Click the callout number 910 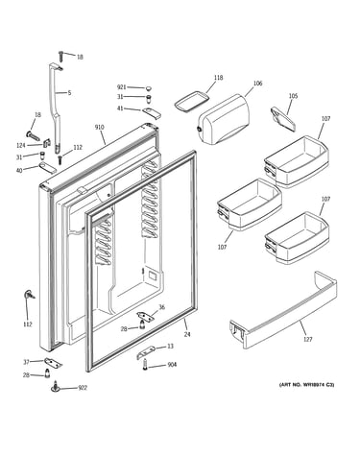(x=99, y=128)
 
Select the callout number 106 (x=257, y=84)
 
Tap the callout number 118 (x=219, y=78)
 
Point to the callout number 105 (x=293, y=96)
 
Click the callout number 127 (x=307, y=339)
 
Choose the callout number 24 (x=187, y=334)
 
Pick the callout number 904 (x=172, y=365)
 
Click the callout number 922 (x=83, y=388)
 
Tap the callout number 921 (x=122, y=87)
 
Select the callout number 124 (x=21, y=146)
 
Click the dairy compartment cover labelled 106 (x=224, y=119)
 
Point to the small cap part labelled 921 (x=148, y=88)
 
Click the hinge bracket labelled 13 (x=146, y=351)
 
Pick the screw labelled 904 (x=146, y=365)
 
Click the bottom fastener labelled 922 (x=56, y=387)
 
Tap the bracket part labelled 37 (x=53, y=362)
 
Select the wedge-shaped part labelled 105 (x=283, y=119)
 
